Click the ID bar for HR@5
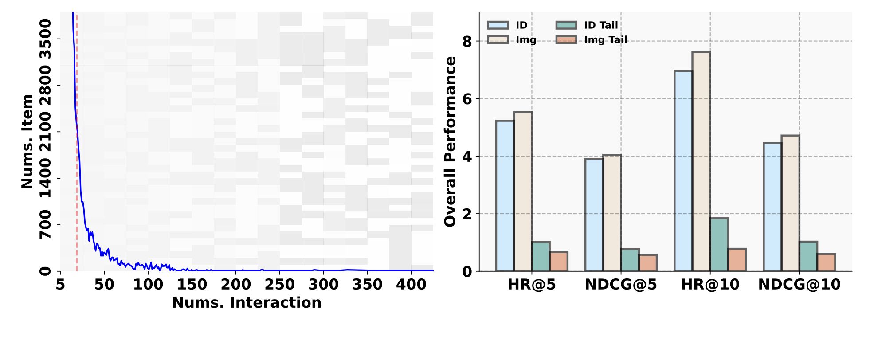(505, 196)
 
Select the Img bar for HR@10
(701, 161)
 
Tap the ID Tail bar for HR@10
(719, 244)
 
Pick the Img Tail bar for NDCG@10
(826, 262)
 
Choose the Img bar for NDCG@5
(612, 213)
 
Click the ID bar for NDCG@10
(772, 207)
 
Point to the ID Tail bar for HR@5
(541, 256)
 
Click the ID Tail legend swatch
(566, 25)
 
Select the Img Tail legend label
(605, 40)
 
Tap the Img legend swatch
(498, 40)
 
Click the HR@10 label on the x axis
(710, 285)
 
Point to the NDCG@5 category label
(621, 285)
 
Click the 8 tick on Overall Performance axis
(467, 41)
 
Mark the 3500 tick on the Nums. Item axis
(46, 39)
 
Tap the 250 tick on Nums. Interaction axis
(280, 285)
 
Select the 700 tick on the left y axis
(46, 225)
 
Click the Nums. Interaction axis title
(247, 303)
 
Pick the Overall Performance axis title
(450, 142)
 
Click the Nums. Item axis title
(27, 142)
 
